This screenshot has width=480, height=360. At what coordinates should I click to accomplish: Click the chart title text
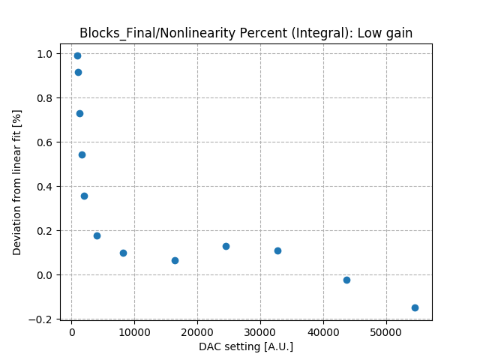pyautogui.click(x=246, y=32)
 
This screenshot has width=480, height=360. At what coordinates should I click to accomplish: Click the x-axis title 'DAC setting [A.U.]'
pyautogui.click(x=246, y=346)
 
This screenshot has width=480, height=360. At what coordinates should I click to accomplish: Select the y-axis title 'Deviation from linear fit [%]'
pyautogui.click(x=17, y=182)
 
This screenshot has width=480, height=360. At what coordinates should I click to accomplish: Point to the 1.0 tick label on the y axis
pyautogui.click(x=44, y=54)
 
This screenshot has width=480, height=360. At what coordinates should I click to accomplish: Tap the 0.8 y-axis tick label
pyautogui.click(x=44, y=98)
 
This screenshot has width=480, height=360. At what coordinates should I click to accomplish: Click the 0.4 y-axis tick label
pyautogui.click(x=44, y=187)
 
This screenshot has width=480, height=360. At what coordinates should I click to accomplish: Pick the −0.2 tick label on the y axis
pyautogui.click(x=41, y=319)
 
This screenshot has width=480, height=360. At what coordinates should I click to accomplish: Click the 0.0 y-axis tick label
pyautogui.click(x=44, y=275)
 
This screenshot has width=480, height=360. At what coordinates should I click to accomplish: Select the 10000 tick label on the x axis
pyautogui.click(x=134, y=331)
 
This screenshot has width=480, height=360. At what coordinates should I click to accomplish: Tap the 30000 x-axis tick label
pyautogui.click(x=260, y=331)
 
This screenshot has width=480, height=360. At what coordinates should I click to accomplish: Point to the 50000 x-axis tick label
pyautogui.click(x=386, y=331)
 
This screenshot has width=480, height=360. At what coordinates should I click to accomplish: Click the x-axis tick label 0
pyautogui.click(x=71, y=331)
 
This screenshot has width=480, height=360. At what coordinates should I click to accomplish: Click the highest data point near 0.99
pyautogui.click(x=77, y=55)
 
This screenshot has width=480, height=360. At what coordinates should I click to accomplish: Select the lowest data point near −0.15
pyautogui.click(x=415, y=307)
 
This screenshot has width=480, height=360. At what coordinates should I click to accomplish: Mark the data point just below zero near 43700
pyautogui.click(x=346, y=280)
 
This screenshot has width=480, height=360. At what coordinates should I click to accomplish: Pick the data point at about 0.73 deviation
pyautogui.click(x=79, y=113)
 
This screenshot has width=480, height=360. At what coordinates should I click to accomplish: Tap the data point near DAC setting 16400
pyautogui.click(x=175, y=260)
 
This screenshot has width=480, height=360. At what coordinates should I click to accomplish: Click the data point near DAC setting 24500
pyautogui.click(x=226, y=246)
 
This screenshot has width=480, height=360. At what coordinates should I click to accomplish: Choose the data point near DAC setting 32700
pyautogui.click(x=277, y=250)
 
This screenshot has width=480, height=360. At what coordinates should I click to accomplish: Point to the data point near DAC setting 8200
pyautogui.click(x=123, y=253)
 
